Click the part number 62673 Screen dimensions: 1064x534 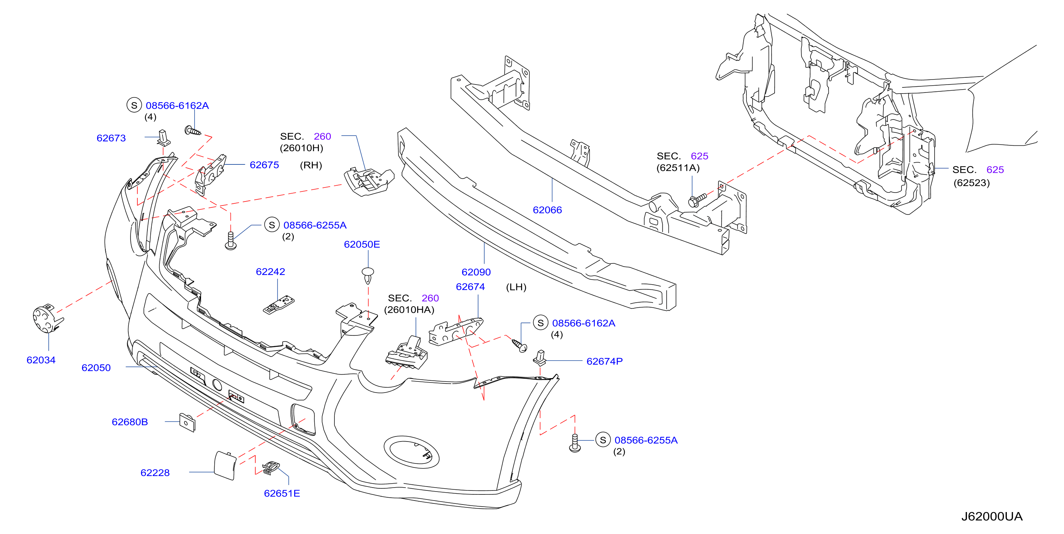[111, 138]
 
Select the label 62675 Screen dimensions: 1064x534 [264, 165]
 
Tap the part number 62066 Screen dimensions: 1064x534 [547, 210]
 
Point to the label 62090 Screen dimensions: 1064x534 [476, 272]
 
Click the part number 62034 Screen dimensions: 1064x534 [41, 360]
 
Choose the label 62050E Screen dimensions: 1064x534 [362, 244]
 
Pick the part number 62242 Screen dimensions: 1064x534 [270, 272]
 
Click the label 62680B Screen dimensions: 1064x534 [130, 422]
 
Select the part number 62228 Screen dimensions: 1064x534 [155, 473]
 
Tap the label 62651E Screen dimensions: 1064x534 [282, 493]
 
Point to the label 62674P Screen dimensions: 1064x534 [605, 361]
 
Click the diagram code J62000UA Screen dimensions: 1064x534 [992, 517]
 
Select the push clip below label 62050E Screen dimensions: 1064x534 [367, 275]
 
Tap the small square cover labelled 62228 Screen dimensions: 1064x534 [225, 465]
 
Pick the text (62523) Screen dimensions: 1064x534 [972, 183]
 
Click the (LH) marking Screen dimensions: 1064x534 [516, 287]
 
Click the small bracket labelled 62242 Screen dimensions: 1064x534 [279, 305]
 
